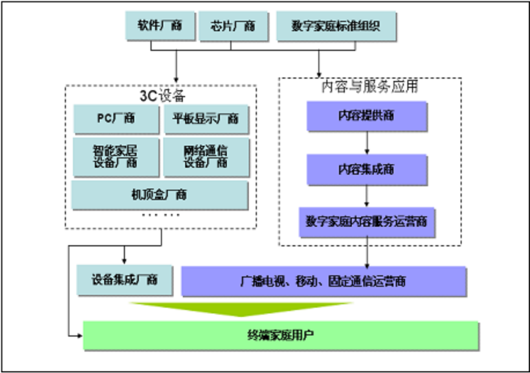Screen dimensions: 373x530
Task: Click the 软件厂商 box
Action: (x=160, y=27)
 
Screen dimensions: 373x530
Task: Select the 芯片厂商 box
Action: (x=233, y=27)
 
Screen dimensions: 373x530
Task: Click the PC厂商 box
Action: (x=116, y=119)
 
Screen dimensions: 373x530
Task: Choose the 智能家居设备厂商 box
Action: (x=116, y=156)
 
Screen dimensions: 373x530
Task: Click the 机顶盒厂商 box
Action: (x=160, y=195)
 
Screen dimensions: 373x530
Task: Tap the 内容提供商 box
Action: (x=367, y=116)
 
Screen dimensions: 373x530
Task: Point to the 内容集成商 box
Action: (x=367, y=169)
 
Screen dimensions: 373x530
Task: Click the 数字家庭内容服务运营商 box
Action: (x=367, y=221)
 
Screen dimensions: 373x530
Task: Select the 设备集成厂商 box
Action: (x=124, y=280)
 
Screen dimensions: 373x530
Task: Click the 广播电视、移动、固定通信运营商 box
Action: (x=323, y=281)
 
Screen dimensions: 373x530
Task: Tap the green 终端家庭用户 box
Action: (x=281, y=335)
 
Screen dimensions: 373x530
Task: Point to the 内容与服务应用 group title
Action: (x=370, y=87)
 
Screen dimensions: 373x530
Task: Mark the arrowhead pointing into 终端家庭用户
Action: (x=79, y=335)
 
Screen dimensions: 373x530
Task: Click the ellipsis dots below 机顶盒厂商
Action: (x=161, y=215)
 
